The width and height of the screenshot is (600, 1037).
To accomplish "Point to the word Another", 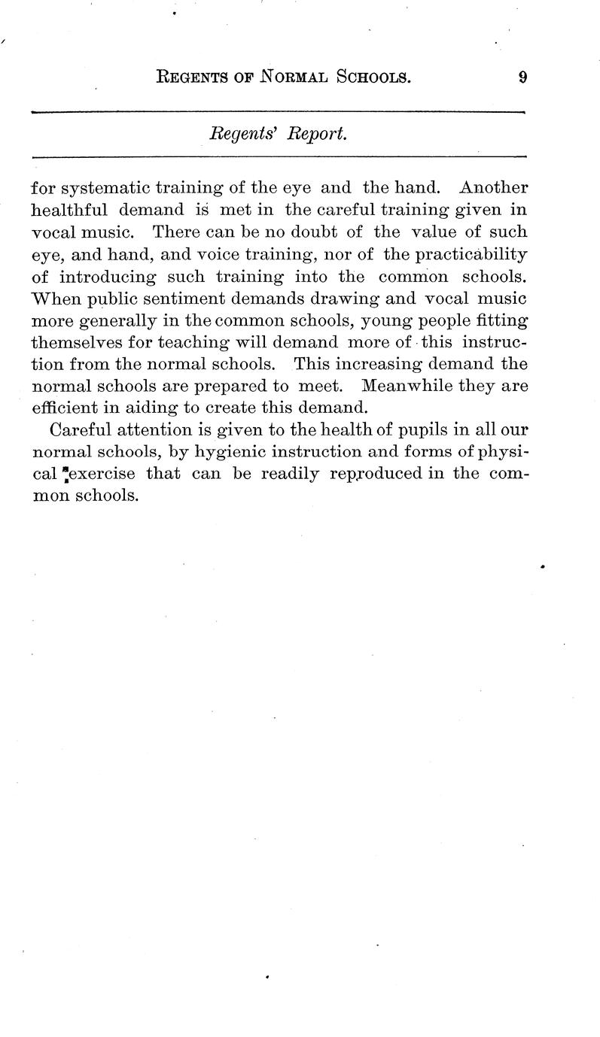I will [x=493, y=186].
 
